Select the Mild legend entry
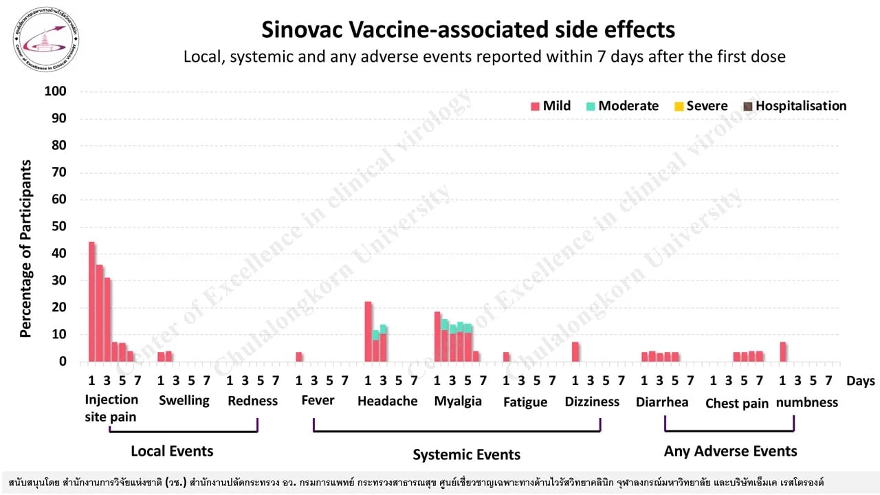(x=551, y=106)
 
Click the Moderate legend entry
(x=622, y=106)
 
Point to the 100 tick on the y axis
(x=55, y=91)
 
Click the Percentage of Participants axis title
(x=26, y=248)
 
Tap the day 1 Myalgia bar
(x=437, y=336)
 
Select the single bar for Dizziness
(x=575, y=351)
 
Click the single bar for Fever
(x=299, y=356)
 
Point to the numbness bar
(x=782, y=351)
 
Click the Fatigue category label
(x=525, y=403)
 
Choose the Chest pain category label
(x=737, y=404)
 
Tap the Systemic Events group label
(x=466, y=454)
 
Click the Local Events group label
(x=172, y=451)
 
